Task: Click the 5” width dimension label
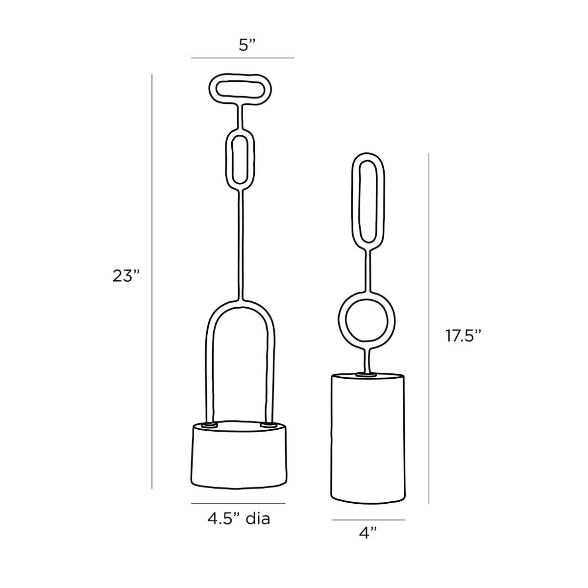click(x=246, y=46)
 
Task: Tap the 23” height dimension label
click(x=126, y=276)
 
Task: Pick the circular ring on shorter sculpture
click(x=341, y=320)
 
